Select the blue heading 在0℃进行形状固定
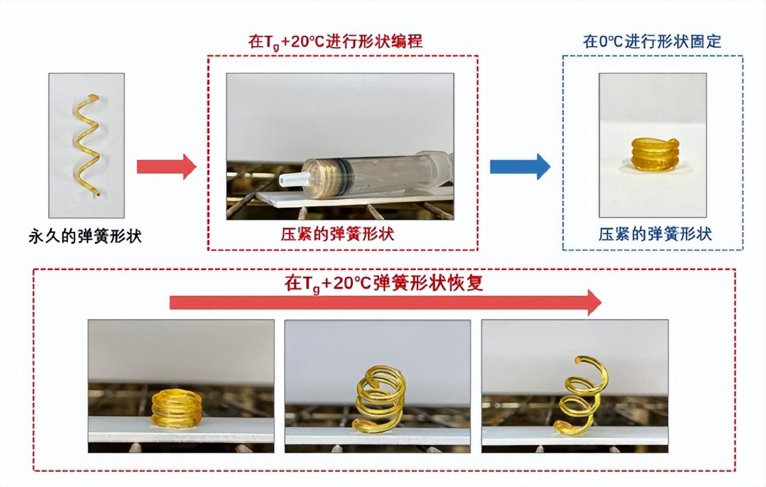tap(652, 42)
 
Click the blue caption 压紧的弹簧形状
tap(655, 234)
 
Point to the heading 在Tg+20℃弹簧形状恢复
tap(383, 284)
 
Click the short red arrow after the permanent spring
tap(166, 167)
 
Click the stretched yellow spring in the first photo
tap(86, 144)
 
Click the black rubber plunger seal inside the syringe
tap(344, 171)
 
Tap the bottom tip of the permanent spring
tap(98, 194)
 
